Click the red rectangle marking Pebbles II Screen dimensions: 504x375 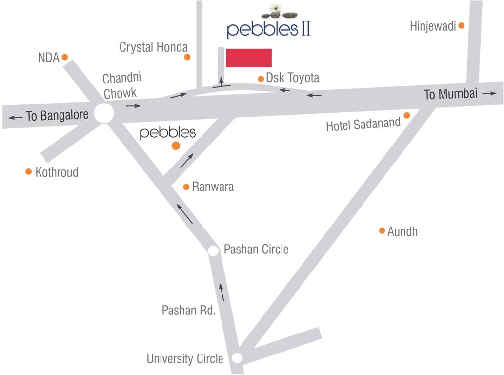tap(249, 58)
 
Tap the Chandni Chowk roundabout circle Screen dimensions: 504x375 tap(103, 113)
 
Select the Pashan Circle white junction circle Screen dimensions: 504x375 tap(213, 250)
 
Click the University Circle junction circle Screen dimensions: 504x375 tap(237, 358)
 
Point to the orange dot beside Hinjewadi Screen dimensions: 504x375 tap(461, 26)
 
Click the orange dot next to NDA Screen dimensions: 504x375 tap(64, 57)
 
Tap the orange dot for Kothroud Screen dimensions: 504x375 tap(29, 171)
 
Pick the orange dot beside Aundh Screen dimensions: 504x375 tap(382, 230)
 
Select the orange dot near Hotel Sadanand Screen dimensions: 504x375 tap(407, 115)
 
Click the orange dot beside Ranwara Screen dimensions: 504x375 tap(186, 187)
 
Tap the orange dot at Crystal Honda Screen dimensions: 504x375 tap(187, 57)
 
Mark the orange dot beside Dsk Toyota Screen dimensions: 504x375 tap(261, 78)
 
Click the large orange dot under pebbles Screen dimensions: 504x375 tap(176, 146)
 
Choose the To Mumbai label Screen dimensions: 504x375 tap(450, 94)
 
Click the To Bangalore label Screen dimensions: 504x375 tap(57, 116)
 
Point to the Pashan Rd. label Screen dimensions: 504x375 tap(189, 310)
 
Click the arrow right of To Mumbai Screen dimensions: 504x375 tap(489, 93)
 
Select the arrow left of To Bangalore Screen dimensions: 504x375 tap(15, 117)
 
